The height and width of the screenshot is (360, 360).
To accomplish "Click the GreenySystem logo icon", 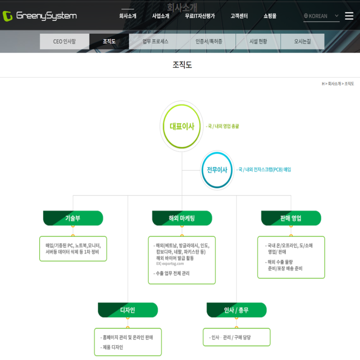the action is point(7,16).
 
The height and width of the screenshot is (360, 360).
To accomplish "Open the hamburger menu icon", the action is point(349,16).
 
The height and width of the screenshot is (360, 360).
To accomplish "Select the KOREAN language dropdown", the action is point(321,16).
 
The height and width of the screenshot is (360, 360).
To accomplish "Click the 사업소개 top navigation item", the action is point(160,16).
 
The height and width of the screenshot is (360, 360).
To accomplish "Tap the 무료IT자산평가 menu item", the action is point(200,16).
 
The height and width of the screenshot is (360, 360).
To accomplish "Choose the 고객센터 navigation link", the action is point(239,16).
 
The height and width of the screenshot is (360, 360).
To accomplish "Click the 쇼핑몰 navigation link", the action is point(270,16).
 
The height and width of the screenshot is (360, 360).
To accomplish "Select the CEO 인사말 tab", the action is point(64,42).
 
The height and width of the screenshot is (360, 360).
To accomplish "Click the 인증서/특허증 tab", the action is point(209,42).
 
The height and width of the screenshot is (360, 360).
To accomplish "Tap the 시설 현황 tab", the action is point(258,42).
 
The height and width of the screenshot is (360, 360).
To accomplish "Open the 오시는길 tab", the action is point(303,42).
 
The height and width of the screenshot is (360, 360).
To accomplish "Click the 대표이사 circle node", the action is point(182,126).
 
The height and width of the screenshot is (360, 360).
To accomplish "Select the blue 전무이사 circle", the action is point(217,170).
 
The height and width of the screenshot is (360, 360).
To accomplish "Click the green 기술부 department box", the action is point(73,218).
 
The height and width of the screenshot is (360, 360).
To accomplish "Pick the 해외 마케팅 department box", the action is point(182,218).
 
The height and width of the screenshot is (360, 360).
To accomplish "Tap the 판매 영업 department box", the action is point(291,218).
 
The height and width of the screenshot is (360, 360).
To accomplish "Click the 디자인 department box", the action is point(127,310).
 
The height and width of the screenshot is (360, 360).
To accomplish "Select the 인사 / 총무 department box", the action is point(236,310).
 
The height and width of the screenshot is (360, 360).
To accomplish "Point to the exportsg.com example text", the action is point(170,264).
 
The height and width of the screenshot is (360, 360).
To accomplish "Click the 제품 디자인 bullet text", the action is point(111,347).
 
